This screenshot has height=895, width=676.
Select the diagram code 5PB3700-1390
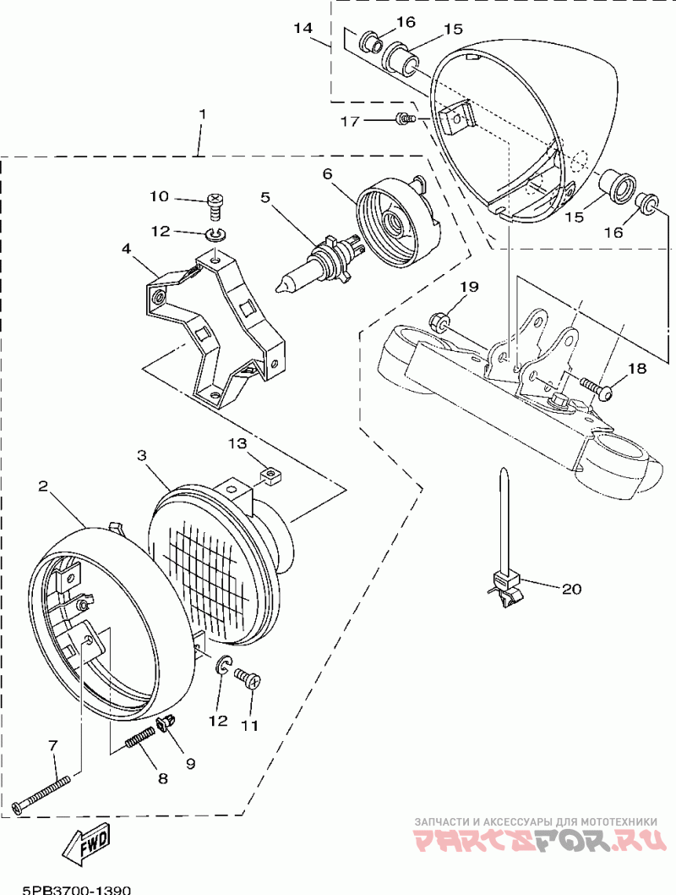tap(76, 889)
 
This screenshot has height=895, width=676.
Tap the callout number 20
tap(571, 589)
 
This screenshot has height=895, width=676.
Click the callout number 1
tap(202, 113)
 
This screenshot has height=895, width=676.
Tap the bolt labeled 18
tap(599, 387)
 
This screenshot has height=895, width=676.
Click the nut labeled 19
tap(439, 321)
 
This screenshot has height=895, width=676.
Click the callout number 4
tap(126, 250)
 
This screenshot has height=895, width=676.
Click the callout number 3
tap(143, 456)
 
